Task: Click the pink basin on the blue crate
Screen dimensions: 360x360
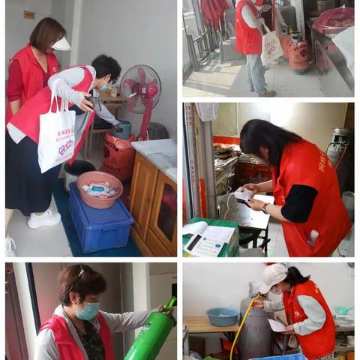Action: [x=99, y=188]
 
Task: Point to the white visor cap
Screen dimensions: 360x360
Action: [x=59, y=43]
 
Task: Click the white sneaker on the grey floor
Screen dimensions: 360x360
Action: [x=44, y=219]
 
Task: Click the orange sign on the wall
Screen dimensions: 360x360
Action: [x=29, y=14]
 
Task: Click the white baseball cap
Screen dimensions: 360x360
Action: [x=271, y=276]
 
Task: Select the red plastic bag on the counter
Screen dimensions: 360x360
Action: [x=333, y=20]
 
